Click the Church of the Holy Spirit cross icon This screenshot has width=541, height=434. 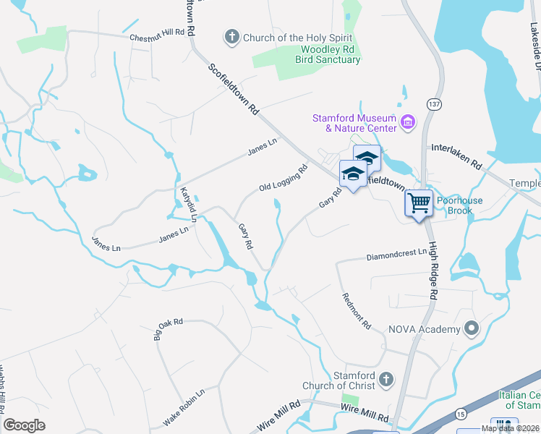232,37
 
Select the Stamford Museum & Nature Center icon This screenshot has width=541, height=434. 408,122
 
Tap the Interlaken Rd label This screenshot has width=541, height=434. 456,156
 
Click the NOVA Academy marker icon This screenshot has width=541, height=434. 472,329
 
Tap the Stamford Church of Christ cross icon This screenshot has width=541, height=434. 386,379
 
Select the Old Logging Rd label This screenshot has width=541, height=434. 284,178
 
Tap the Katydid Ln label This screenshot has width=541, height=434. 188,203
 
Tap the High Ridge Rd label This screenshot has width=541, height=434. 433,272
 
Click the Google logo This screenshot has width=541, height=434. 24,425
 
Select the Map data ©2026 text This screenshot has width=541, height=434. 510,428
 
